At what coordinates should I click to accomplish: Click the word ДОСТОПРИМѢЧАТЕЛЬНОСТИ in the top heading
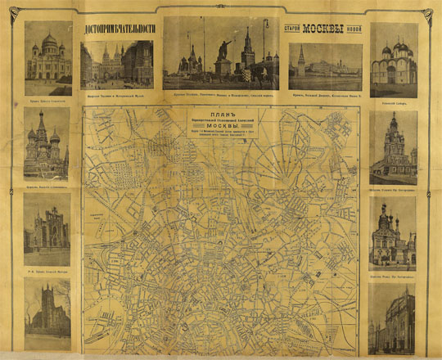tap(121, 30)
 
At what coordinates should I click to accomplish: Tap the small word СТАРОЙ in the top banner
tap(295, 29)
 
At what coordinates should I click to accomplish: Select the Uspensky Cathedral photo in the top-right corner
tap(393, 61)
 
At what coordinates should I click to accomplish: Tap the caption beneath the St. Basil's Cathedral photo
tap(46, 185)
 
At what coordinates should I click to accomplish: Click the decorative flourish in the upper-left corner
tap(18, 13)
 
